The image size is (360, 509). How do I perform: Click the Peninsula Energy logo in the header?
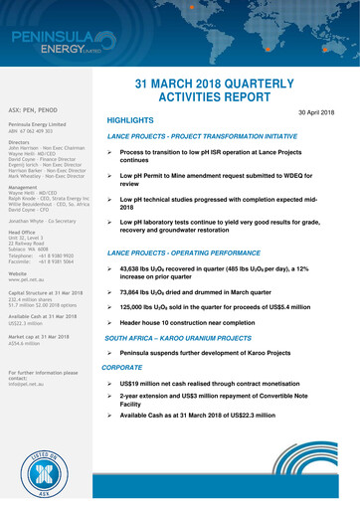coord(55,44)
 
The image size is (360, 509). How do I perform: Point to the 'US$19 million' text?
coord(143,382)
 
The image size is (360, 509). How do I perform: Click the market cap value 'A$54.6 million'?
coord(27,341)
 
